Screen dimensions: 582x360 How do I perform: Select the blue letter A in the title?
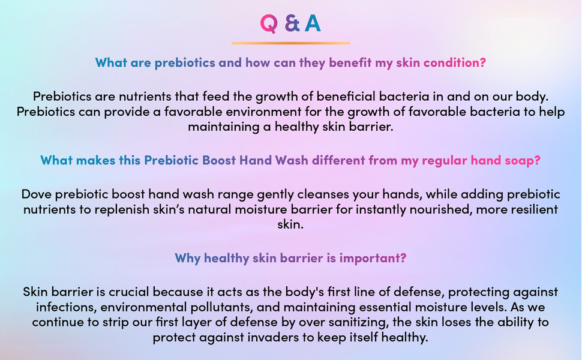tap(313, 23)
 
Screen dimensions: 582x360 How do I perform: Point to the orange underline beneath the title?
tap(290, 43)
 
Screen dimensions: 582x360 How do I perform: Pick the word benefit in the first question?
tap(350, 62)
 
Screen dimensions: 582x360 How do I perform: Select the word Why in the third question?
tap(188, 258)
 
